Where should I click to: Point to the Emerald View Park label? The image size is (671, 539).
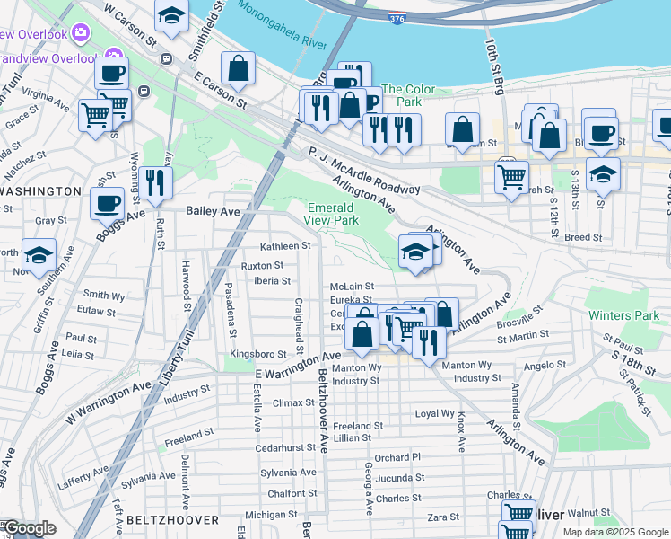[x=331, y=213]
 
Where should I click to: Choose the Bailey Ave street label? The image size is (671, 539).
[x=213, y=211]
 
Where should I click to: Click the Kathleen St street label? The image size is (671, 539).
[x=284, y=246]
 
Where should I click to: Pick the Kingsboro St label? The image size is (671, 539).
[x=257, y=355]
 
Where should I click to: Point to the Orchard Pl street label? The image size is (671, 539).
[x=397, y=457]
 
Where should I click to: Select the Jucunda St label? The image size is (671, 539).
[x=399, y=478]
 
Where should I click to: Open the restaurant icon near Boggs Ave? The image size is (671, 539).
[x=156, y=183]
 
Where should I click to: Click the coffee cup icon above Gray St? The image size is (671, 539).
[x=108, y=203]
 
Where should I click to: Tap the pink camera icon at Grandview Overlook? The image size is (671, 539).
[x=82, y=33]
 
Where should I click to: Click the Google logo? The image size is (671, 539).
[x=30, y=528]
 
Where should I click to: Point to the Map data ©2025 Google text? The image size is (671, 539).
[x=614, y=531]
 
